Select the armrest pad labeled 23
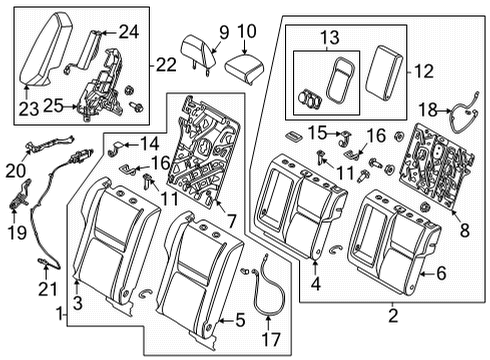click(x=45, y=56)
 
